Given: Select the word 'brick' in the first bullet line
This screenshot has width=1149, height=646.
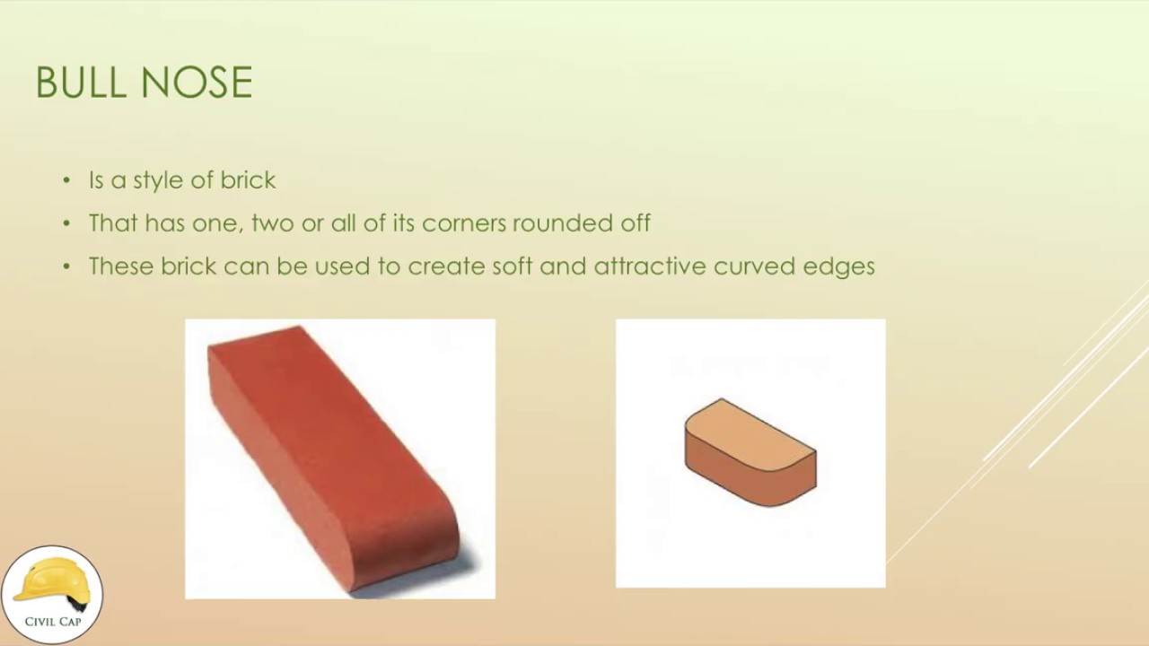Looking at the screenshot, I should point(249,179).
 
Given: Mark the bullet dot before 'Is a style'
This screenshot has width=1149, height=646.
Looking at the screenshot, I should point(66,180).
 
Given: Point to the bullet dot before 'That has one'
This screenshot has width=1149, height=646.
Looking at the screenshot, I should point(66,223).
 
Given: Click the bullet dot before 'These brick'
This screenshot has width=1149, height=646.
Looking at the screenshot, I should point(66,266).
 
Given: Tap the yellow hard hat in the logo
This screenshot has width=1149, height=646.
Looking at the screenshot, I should point(52,581).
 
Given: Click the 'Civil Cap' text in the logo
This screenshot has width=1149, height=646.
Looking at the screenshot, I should point(52,622).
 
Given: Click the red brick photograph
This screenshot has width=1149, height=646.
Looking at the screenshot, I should point(339,458).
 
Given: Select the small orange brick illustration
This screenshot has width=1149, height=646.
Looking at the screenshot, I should point(750,453).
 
